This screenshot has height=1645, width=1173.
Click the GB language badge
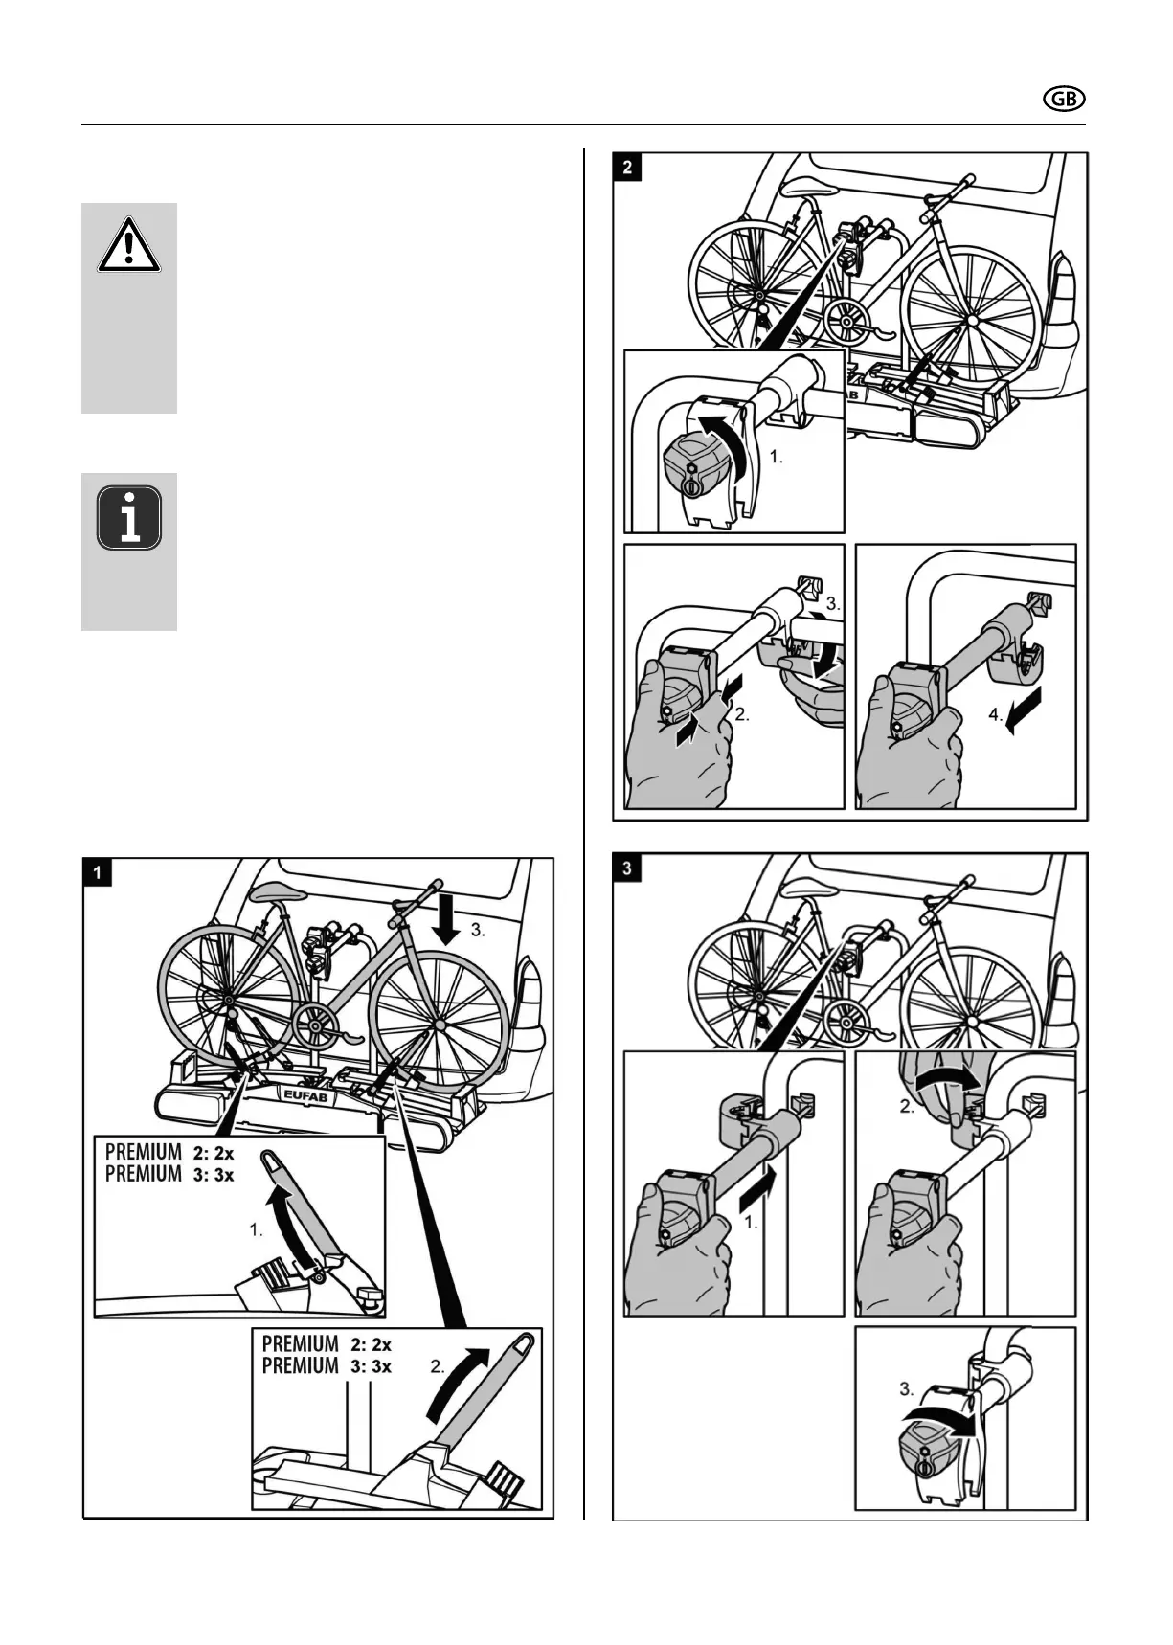(1063, 100)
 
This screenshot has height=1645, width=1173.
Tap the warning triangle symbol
(128, 245)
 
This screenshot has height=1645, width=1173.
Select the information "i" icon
(129, 517)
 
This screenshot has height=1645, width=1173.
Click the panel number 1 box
(99, 872)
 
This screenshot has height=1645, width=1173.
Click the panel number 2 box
(627, 168)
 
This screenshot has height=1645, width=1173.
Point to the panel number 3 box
(627, 868)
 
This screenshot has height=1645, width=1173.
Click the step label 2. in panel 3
(906, 1108)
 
